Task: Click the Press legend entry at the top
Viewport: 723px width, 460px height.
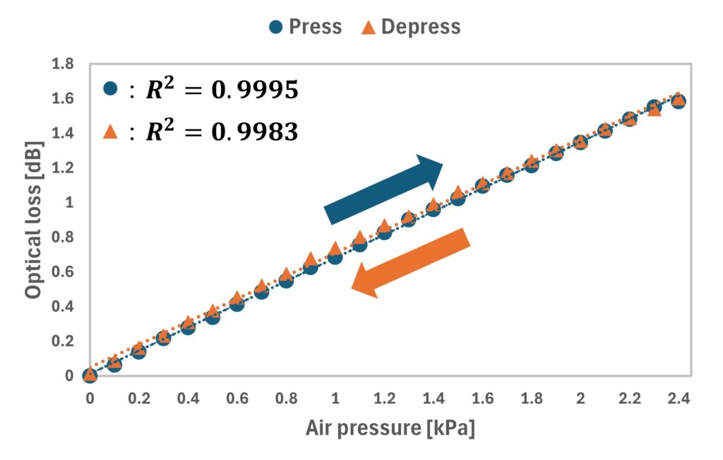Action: [306, 27]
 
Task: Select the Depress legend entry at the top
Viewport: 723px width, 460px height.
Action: [412, 27]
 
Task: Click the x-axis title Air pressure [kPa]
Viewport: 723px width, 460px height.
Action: [390, 429]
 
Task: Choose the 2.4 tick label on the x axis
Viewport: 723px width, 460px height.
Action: [679, 399]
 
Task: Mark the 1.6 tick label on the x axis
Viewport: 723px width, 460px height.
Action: [482, 399]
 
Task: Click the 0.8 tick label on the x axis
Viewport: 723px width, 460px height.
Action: [286, 399]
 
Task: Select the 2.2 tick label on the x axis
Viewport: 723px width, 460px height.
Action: [630, 399]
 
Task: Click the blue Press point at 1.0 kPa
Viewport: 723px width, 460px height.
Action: [335, 256]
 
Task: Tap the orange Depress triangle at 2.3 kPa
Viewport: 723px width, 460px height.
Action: [655, 109]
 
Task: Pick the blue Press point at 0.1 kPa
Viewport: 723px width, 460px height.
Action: [114, 365]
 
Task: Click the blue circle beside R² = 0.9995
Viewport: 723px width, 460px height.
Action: [109, 89]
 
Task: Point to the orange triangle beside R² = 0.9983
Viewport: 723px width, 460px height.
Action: [109, 131]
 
